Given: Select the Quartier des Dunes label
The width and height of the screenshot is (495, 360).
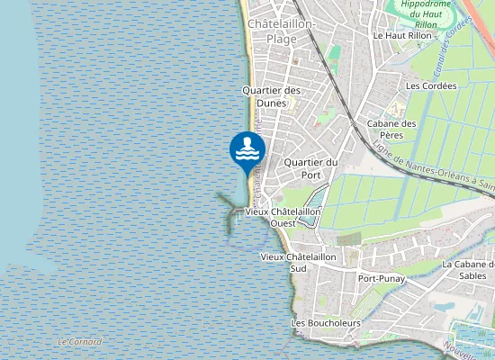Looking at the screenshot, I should click(x=271, y=96).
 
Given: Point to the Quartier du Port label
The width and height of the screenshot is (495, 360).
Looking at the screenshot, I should click(x=310, y=168).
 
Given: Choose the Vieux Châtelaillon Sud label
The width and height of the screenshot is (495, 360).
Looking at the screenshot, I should click(x=298, y=262).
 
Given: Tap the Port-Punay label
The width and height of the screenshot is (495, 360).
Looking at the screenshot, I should click(x=381, y=279).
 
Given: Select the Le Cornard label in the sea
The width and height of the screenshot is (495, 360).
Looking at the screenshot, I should click(x=79, y=342).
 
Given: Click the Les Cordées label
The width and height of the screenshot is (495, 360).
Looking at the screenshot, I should click(x=431, y=86).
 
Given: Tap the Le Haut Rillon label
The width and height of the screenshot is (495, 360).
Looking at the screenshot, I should click(x=402, y=35).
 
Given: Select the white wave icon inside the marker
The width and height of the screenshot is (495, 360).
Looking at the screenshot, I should click(x=247, y=153).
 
